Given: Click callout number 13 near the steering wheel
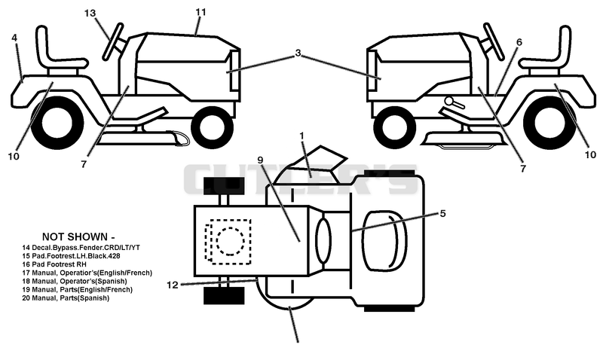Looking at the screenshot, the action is tap(90, 13).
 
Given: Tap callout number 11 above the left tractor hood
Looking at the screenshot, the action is tap(200, 12).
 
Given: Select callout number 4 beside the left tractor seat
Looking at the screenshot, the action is tap(14, 38).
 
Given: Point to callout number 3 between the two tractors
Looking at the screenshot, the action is tap(298, 53).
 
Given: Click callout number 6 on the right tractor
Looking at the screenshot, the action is tap(519, 42).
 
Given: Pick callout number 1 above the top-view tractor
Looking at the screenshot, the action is tap(302, 136).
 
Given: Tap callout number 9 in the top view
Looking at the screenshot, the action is tap(260, 160).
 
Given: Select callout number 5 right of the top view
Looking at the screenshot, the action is tap(442, 213).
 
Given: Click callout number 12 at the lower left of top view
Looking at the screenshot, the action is tap(173, 285).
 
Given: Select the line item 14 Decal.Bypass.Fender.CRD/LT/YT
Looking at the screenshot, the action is tap(81, 248).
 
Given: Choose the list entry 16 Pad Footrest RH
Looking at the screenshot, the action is tap(54, 264).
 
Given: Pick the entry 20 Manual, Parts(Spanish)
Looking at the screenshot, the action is tap(66, 298).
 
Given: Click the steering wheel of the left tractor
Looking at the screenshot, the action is tap(114, 42).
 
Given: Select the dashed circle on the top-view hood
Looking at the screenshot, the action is tap(231, 241).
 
